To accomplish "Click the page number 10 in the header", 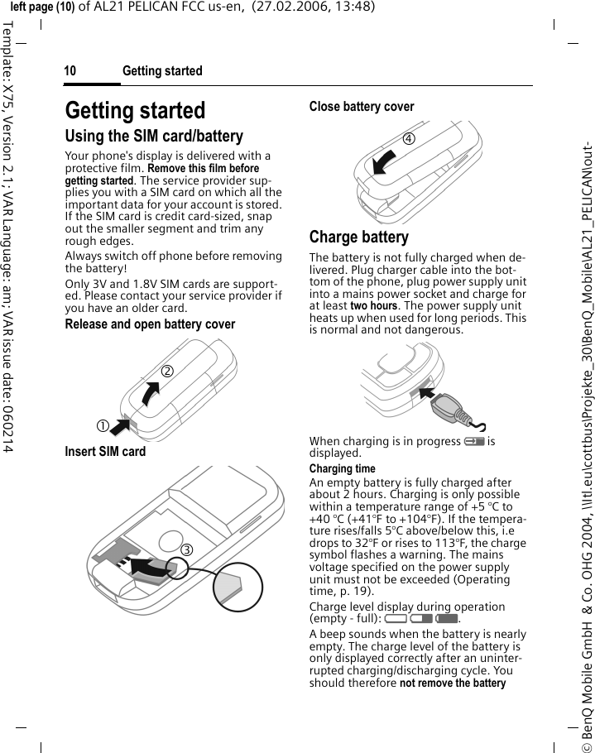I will [x=70, y=71].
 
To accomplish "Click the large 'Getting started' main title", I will [x=135, y=110].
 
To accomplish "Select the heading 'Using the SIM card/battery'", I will [x=154, y=137].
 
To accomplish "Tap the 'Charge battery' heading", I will [x=358, y=237].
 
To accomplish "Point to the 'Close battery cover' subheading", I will [x=362, y=107].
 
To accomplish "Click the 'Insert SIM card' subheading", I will [x=105, y=452].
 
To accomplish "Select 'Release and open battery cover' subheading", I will [x=150, y=324].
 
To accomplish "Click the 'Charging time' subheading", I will [x=342, y=469].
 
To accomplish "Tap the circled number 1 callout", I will [x=101, y=425].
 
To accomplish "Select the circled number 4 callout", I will [x=409, y=138].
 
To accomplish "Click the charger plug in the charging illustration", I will [x=453, y=406].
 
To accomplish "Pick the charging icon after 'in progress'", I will [x=473, y=442].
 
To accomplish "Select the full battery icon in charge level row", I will [x=447, y=618].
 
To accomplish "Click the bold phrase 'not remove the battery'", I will [x=453, y=683].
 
